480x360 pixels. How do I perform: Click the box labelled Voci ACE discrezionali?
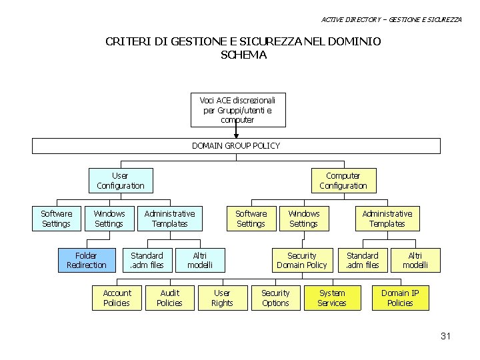(237, 109)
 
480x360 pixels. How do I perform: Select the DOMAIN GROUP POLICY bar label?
(236, 145)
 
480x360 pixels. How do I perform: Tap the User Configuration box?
(120, 181)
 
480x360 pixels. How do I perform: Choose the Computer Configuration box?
(343, 181)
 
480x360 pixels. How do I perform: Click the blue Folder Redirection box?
(86, 261)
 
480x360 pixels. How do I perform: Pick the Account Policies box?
(117, 298)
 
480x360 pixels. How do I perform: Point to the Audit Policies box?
(169, 298)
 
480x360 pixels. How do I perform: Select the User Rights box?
(222, 298)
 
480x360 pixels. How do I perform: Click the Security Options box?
(275, 298)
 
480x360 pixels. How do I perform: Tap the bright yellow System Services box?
(331, 298)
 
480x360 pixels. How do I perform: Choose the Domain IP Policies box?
(400, 298)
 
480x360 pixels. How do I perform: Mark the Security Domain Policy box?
(301, 261)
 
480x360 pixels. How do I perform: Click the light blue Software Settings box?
(56, 219)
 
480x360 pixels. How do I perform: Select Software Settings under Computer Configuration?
(251, 219)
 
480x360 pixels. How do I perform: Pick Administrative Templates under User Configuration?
(169, 219)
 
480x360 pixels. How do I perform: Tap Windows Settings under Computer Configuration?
(303, 219)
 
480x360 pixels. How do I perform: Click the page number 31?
(445, 336)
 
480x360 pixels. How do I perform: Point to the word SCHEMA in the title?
(243, 55)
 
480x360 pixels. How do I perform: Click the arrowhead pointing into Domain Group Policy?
(236, 135)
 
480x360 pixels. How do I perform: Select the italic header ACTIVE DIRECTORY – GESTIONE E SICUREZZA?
(391, 19)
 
